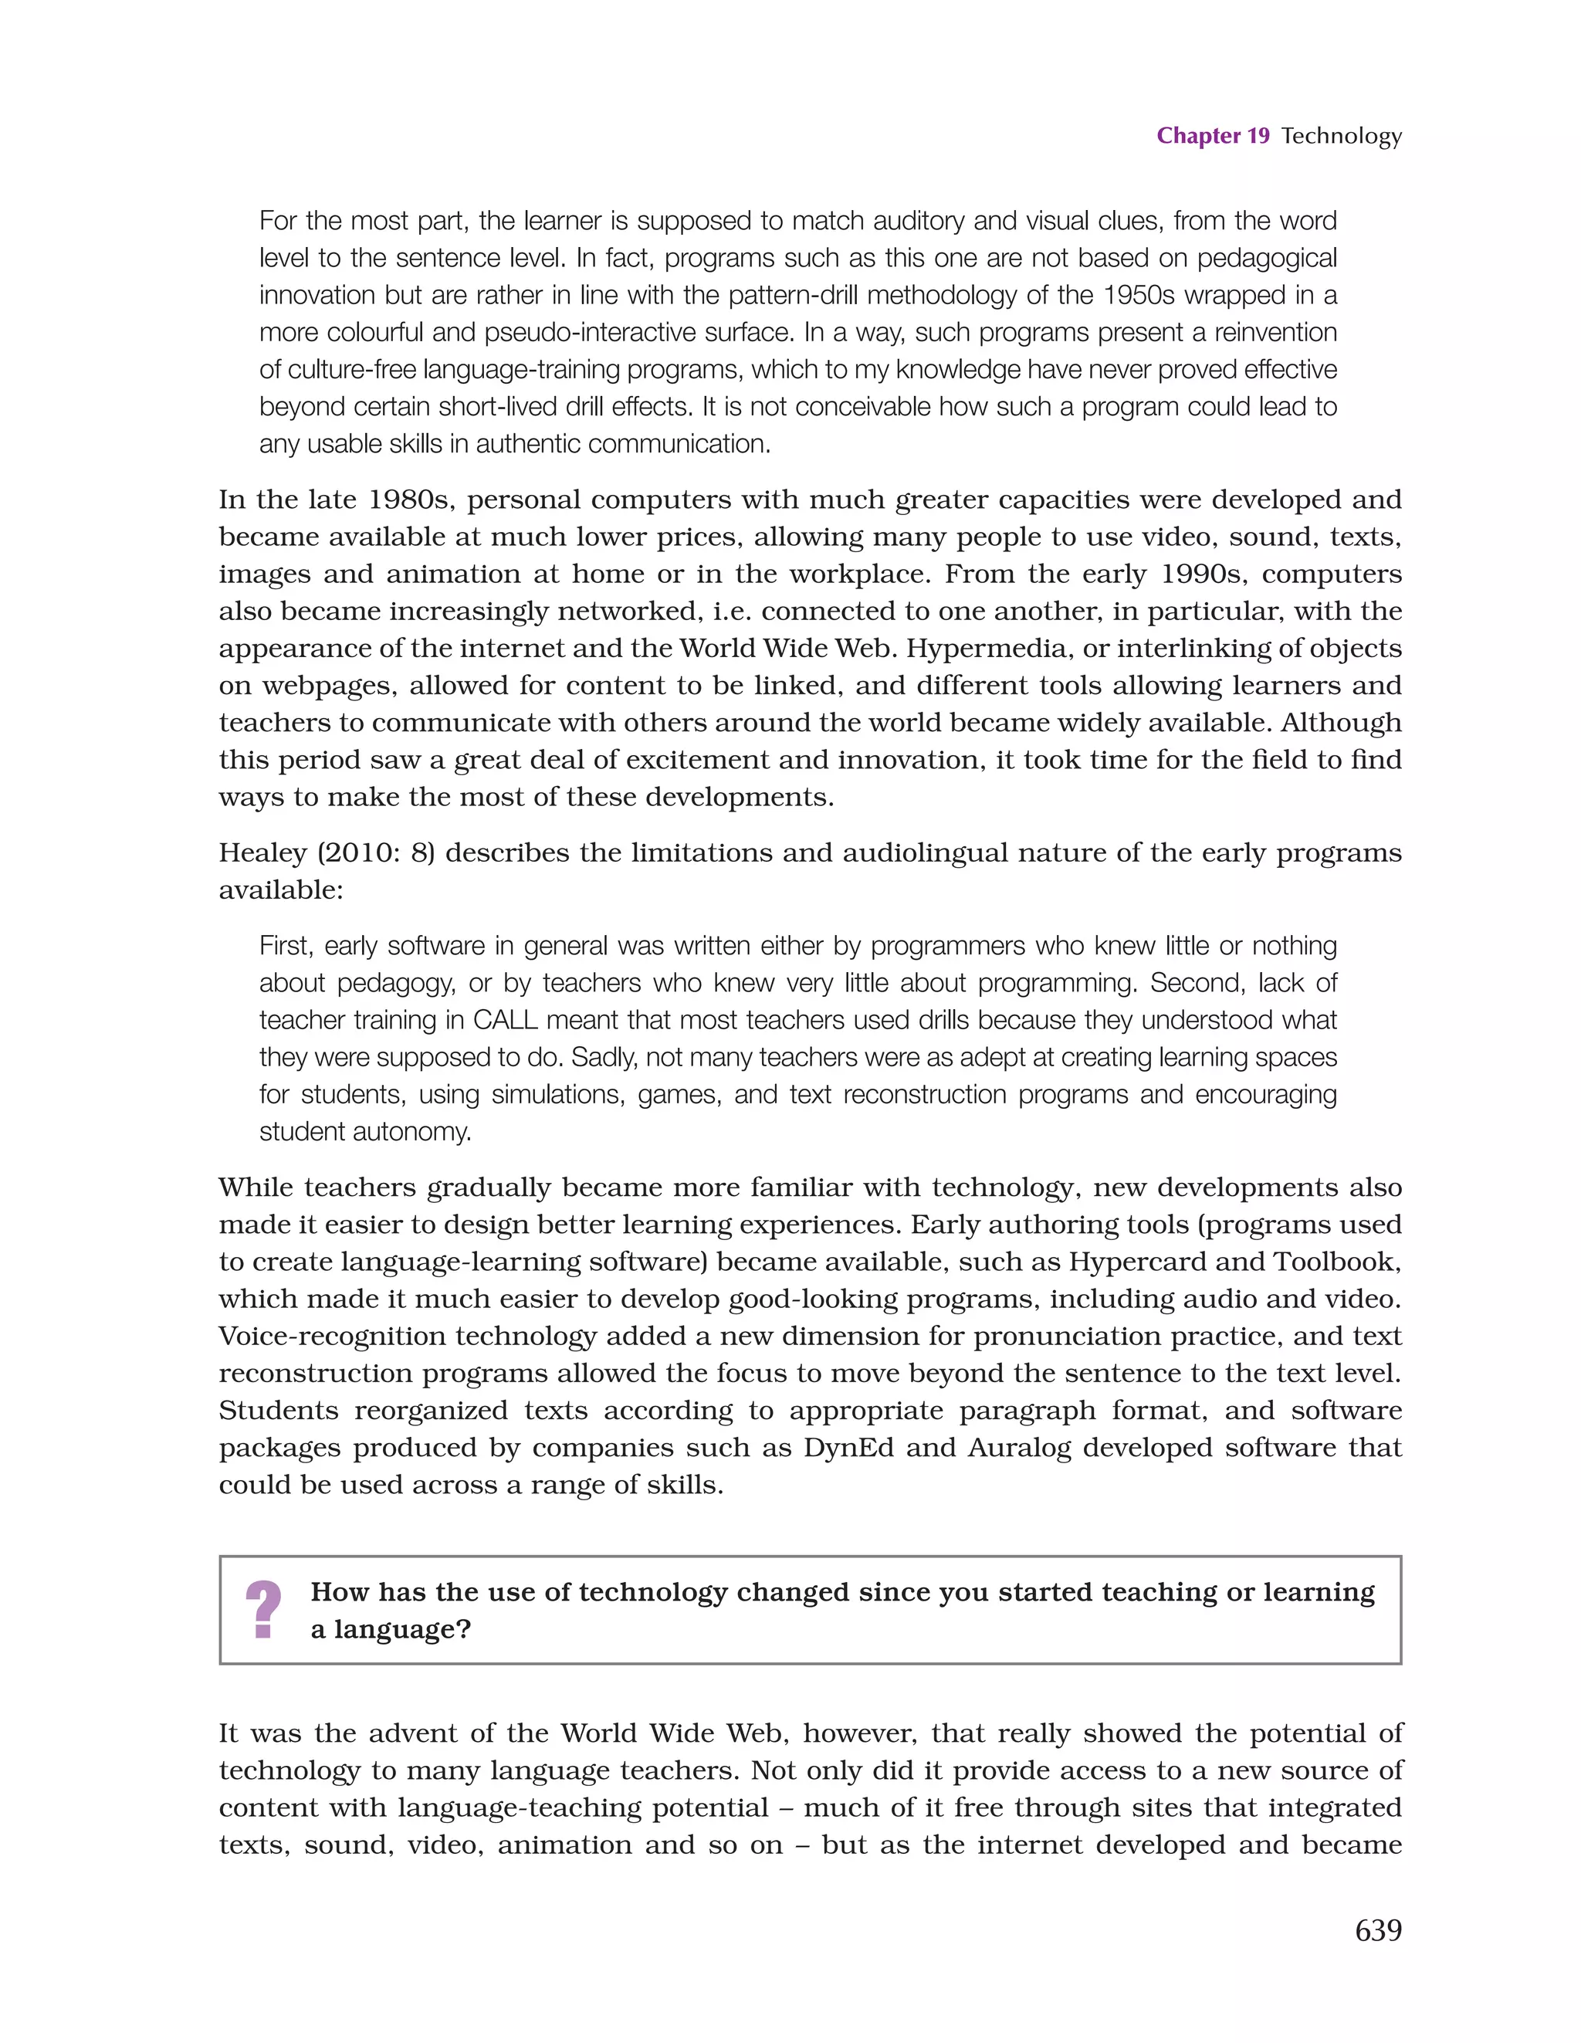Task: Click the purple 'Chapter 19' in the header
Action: coord(1213,137)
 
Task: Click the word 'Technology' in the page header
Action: coord(1341,137)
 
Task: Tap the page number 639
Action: coord(1378,1929)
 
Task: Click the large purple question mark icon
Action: coord(264,1610)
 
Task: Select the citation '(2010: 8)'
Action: coord(376,853)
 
